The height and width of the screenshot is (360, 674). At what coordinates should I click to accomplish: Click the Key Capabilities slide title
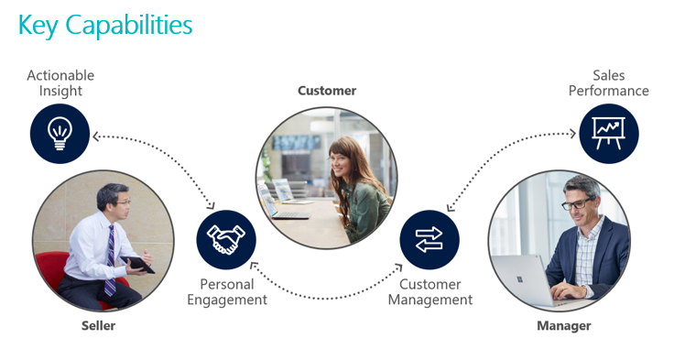105,26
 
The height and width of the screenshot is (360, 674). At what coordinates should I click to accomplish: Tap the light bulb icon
60,134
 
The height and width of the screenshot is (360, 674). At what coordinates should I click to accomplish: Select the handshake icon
226,240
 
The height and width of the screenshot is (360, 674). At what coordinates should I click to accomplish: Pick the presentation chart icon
608,134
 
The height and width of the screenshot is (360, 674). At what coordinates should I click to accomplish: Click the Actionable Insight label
60,83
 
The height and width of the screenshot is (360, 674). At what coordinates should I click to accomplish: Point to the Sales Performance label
608,83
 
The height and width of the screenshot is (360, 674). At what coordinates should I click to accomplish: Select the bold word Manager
564,325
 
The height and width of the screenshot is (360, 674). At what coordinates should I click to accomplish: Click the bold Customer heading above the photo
327,91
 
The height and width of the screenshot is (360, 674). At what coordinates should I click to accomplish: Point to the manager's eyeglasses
577,202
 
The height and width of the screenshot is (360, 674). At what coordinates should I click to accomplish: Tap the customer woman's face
343,166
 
